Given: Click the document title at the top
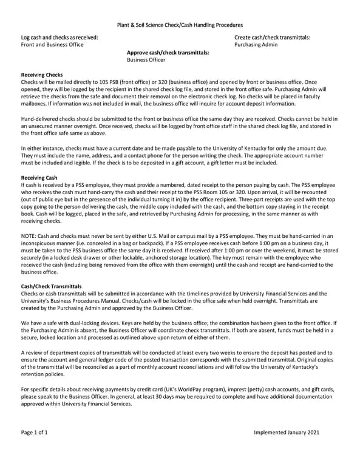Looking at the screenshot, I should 180,25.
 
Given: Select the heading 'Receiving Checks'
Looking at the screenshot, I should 41,74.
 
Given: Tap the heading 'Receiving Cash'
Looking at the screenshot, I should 39,177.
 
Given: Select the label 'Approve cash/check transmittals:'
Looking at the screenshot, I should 168,53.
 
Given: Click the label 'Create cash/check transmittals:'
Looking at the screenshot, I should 272,38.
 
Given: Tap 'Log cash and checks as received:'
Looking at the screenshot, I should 59,38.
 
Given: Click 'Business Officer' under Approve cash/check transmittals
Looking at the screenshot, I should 146,60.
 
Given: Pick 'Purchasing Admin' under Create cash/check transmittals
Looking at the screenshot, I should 256,45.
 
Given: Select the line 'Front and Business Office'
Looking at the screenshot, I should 52,45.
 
